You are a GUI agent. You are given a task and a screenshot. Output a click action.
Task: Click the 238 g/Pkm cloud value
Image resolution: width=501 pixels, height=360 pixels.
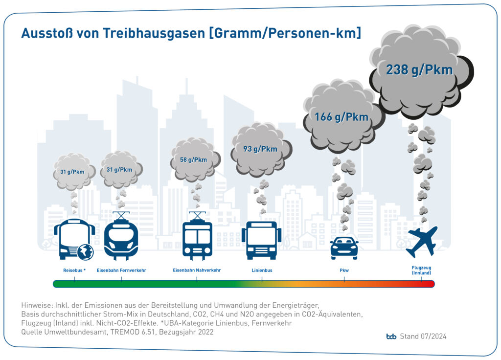(419, 70)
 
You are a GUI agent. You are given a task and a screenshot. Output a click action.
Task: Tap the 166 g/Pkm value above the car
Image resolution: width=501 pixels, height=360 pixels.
(342, 117)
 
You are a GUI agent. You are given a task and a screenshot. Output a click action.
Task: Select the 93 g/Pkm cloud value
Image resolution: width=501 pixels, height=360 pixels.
(260, 149)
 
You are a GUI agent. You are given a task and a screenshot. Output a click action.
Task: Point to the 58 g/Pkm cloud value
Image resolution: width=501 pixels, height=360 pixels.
(193, 159)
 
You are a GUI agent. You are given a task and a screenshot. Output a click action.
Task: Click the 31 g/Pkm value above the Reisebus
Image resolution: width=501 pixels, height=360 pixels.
(72, 172)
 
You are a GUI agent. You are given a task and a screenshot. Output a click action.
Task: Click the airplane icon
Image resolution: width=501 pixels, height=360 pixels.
(421, 242)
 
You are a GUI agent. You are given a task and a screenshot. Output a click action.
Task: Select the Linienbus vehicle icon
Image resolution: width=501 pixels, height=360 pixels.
(261, 240)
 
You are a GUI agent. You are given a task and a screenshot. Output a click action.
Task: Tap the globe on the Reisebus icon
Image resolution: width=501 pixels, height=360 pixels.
(85, 251)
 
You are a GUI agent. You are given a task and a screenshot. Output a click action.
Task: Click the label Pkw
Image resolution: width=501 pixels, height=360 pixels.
(344, 270)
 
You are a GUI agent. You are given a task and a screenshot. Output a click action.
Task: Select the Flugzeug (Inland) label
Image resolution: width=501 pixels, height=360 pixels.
(421, 270)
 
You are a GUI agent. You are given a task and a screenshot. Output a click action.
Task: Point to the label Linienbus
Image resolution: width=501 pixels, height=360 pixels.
(262, 270)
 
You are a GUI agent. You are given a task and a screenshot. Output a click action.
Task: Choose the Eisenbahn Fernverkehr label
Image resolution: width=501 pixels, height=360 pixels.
(121, 270)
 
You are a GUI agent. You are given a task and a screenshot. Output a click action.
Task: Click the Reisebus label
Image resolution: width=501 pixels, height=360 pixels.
(74, 270)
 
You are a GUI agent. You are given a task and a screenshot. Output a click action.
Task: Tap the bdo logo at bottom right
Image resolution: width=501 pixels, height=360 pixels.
(391, 337)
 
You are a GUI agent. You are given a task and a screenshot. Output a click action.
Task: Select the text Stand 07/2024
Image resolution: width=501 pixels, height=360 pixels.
(423, 337)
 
